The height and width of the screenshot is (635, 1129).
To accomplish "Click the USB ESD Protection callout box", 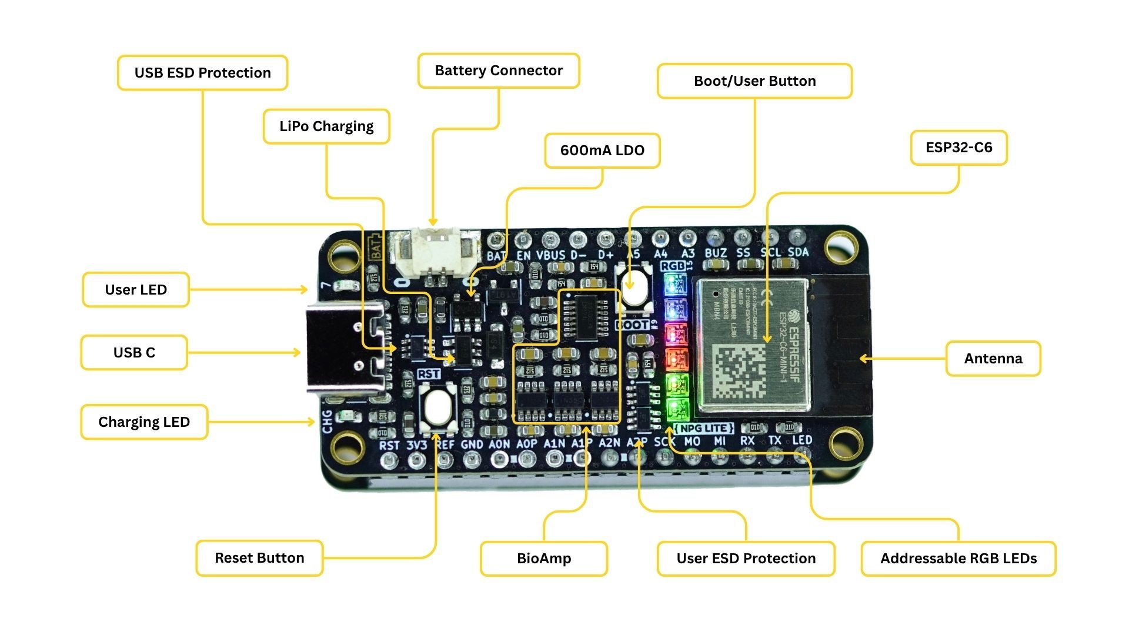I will coord(202,73).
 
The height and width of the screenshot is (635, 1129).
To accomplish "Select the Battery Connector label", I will coord(499,71).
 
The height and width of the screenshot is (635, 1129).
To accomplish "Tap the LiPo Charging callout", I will coord(326,126).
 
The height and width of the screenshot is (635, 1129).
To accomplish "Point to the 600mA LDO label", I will coord(602,151).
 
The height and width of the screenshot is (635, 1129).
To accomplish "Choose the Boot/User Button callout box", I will coord(754,81).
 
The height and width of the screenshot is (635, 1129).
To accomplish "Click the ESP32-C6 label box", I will coord(958,148).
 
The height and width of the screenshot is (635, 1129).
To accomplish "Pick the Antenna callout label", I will coord(993,359).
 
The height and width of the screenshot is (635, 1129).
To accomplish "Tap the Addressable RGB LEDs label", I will coord(958,559).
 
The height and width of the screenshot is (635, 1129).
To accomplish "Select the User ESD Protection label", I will coord(746,559).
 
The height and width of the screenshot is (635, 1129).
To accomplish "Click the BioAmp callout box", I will coord(544,559).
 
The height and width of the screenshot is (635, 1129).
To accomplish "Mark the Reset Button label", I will coord(259,558).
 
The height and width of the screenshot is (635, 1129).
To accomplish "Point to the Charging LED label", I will coord(144,422).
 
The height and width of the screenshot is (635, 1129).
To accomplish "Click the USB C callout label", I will coord(134,353).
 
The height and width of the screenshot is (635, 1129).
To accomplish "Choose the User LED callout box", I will coord(136,290).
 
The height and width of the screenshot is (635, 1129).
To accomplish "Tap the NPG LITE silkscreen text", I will coord(703,428).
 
